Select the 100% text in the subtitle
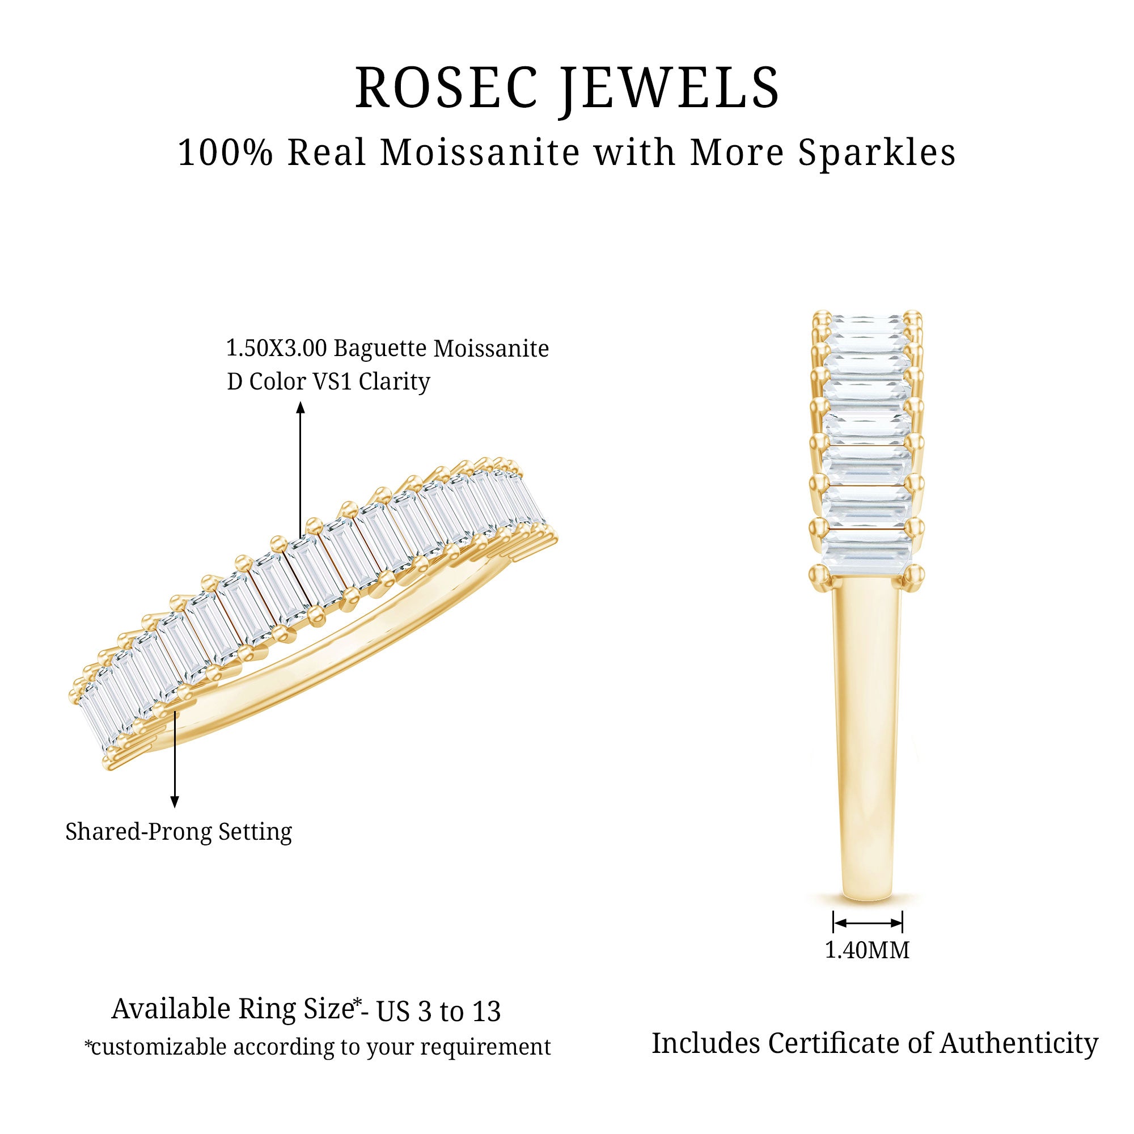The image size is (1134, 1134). [x=226, y=153]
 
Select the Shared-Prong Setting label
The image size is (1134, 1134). [x=179, y=832]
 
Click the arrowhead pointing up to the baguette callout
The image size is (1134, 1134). [x=301, y=407]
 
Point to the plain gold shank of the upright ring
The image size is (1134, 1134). [x=867, y=746]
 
